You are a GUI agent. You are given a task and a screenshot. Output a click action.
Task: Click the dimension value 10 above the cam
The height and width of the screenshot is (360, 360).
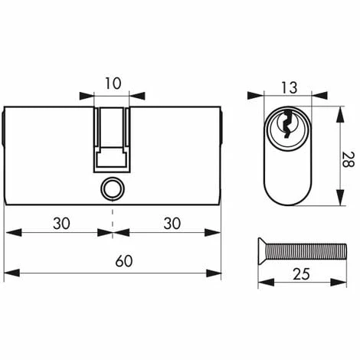click(x=113, y=83)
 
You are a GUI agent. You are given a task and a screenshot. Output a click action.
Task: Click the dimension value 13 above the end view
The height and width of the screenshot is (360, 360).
click(x=290, y=87)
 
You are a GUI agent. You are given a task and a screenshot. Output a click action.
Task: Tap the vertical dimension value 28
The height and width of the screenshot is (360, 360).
click(x=348, y=159)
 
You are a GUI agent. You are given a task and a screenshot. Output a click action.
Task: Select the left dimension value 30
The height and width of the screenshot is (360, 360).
click(x=61, y=224)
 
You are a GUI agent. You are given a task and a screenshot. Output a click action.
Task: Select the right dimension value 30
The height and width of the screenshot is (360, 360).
click(x=172, y=224)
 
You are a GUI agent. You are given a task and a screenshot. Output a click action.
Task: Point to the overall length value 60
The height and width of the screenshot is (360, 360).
click(x=124, y=261)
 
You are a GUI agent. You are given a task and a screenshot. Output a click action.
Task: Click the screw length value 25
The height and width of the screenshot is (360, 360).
click(x=301, y=274)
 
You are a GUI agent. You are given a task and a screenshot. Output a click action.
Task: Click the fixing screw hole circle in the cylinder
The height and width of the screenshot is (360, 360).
click(x=113, y=189)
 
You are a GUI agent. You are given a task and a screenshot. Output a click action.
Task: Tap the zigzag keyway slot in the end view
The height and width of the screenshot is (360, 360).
click(x=287, y=124)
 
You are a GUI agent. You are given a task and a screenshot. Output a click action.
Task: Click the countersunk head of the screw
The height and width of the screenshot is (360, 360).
click(x=262, y=251)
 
